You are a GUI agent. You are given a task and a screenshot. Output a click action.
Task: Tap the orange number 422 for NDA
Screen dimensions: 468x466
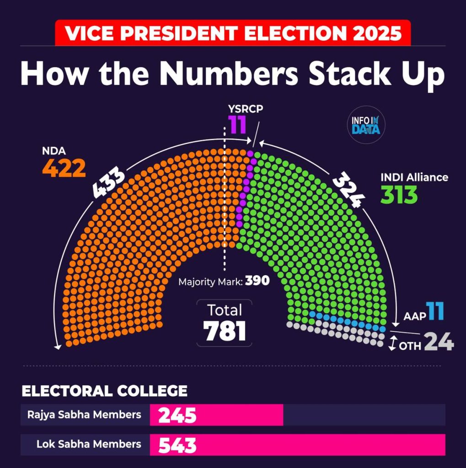pyautogui.click(x=64, y=169)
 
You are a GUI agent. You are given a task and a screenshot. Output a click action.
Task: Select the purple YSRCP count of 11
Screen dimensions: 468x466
pyautogui.click(x=238, y=124)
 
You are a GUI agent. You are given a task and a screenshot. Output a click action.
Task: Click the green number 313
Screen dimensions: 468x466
pyautogui.click(x=399, y=195)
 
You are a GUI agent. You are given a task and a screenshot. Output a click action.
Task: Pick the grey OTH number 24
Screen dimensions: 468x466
pyautogui.click(x=439, y=341)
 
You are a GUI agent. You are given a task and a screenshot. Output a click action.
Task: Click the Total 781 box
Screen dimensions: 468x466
pyautogui.click(x=225, y=323)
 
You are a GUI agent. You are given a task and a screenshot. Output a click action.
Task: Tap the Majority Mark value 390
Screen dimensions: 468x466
pyautogui.click(x=257, y=281)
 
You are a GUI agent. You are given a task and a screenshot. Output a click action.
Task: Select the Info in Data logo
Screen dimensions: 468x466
pyautogui.click(x=366, y=125)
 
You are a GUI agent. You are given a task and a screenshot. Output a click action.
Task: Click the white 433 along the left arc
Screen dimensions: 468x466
pyautogui.click(x=109, y=183)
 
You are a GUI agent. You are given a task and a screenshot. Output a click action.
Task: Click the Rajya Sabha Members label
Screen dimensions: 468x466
pyautogui.click(x=84, y=415)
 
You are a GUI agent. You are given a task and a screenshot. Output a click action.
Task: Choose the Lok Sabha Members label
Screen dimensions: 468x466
pyautogui.click(x=89, y=444)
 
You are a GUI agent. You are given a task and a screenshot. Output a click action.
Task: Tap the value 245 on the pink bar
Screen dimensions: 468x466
pyautogui.click(x=177, y=415)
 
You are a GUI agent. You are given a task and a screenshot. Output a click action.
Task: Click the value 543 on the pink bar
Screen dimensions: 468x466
pyautogui.click(x=177, y=445)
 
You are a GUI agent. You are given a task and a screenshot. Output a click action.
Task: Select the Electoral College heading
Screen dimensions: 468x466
pyautogui.click(x=105, y=391)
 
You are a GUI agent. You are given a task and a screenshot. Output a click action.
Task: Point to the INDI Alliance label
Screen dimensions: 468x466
pyautogui.click(x=414, y=177)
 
